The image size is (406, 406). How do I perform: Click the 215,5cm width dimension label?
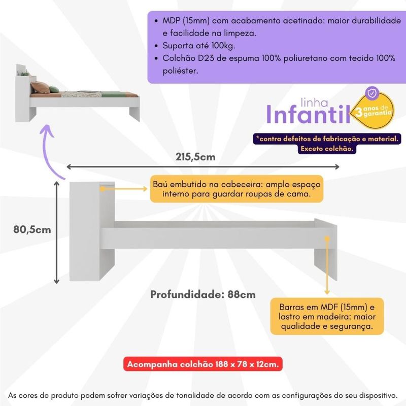(x=195, y=157)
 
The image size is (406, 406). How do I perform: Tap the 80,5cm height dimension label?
(x=32, y=229)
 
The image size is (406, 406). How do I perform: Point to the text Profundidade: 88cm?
(x=202, y=294)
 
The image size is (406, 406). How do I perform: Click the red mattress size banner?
(x=202, y=364)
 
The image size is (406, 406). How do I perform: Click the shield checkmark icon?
(x=372, y=93)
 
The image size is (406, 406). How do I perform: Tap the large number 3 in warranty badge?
(x=359, y=112)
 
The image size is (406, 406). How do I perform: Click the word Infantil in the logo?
(x=308, y=114)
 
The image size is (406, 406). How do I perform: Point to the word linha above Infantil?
(x=314, y=103)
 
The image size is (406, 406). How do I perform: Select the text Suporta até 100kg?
(x=198, y=46)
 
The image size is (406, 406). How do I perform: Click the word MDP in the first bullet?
(x=171, y=20)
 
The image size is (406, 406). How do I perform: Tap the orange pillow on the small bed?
(x=40, y=87)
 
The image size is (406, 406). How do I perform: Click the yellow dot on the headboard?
(x=103, y=189)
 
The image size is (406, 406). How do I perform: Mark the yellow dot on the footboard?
(x=327, y=239)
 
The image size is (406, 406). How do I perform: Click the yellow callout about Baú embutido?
(x=236, y=189)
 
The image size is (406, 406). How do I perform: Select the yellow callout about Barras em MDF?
(x=327, y=316)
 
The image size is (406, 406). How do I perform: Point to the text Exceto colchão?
(x=327, y=149)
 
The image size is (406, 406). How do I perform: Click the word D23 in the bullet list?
(x=206, y=58)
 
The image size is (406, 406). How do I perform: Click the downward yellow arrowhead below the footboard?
(x=327, y=292)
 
